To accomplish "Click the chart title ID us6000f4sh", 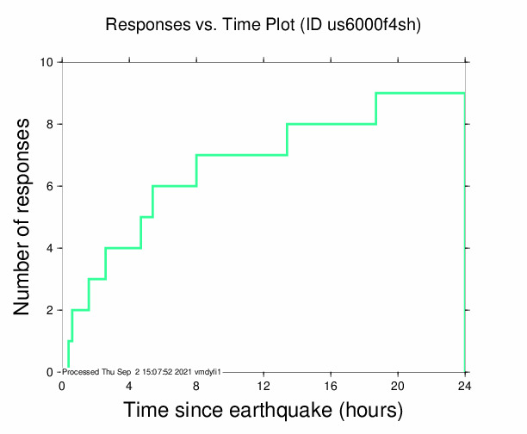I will [x=263, y=26].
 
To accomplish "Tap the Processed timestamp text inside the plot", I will [x=143, y=371].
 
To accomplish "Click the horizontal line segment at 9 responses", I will [x=420, y=93].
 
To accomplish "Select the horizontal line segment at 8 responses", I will [x=332, y=124].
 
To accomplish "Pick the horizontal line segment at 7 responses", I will [x=241, y=155].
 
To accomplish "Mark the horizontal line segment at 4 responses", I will [x=123, y=248].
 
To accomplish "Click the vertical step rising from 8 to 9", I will [x=376, y=108].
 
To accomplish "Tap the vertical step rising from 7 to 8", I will [x=287, y=139].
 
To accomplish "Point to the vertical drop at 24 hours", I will [x=465, y=232].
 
